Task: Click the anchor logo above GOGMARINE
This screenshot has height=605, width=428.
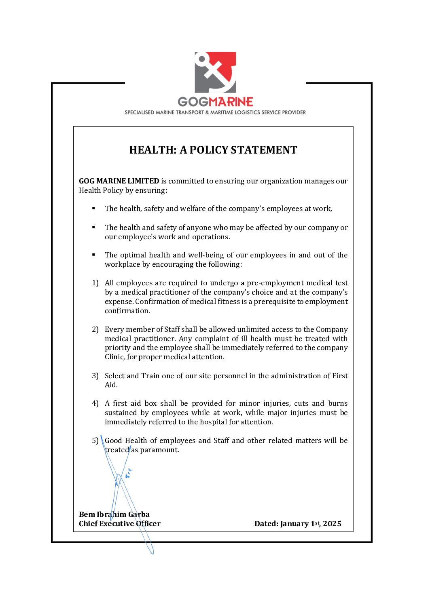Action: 215,72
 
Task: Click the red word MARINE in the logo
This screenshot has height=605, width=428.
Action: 231,102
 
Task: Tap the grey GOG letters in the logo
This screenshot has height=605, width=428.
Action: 193,102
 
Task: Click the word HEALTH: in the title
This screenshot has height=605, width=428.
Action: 153,150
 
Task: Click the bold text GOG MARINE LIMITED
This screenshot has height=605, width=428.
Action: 119,181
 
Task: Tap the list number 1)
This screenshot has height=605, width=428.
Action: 95,283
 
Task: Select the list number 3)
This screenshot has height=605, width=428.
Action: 95,376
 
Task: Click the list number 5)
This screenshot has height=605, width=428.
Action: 95,441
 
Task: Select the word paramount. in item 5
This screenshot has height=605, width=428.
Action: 159,450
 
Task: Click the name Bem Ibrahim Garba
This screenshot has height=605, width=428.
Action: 114,514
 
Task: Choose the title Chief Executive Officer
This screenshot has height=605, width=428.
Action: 120,524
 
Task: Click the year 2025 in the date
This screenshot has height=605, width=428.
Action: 332,524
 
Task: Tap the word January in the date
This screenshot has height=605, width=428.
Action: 295,524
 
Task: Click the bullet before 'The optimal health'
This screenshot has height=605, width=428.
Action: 93,255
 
